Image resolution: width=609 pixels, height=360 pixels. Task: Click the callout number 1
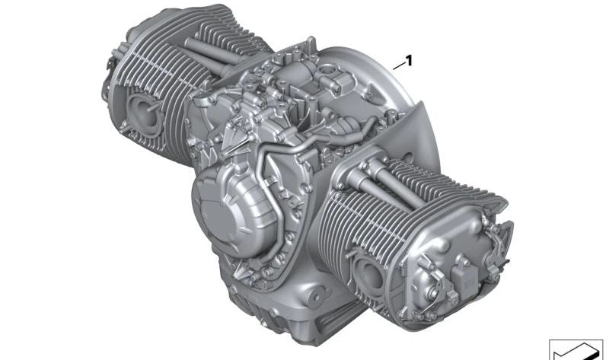click(408, 61)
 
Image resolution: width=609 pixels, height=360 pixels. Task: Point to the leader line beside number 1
click(398, 66)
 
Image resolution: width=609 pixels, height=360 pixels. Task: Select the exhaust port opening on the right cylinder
click(370, 275)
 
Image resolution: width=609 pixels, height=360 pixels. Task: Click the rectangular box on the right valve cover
click(466, 282)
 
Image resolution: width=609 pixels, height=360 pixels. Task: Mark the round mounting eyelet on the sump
click(317, 298)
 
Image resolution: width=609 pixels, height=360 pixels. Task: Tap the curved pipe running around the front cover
click(268, 202)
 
